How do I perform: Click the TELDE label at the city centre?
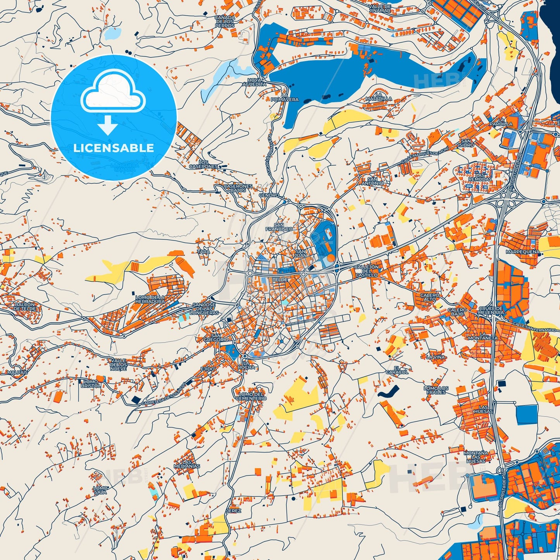click(280, 279)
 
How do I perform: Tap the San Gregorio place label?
click(216, 338)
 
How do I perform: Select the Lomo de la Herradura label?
click(150, 299)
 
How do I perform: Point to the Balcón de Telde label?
click(25, 307)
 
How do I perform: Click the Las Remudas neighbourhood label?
click(480, 177)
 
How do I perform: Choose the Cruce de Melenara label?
click(491, 310)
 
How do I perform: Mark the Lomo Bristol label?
click(91, 384)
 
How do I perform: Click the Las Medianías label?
click(187, 464)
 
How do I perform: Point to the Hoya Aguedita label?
click(254, 82)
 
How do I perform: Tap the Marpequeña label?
click(522, 252)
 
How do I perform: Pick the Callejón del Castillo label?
click(366, 271)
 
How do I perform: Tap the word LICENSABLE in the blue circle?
click(114, 148)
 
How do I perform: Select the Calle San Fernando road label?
click(536, 327)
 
